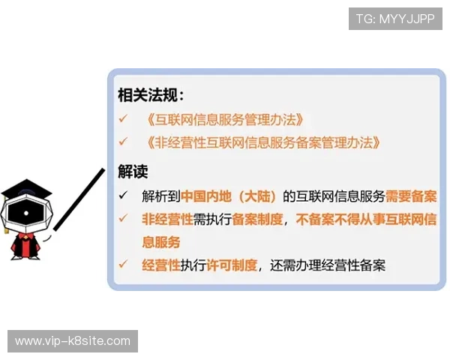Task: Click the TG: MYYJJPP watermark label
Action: pyautogui.click(x=395, y=19)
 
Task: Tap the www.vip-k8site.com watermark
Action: pyautogui.click(x=73, y=341)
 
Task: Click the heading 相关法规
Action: pyautogui.click(x=150, y=95)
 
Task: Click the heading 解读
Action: pyautogui.click(x=133, y=171)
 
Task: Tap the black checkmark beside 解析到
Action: pyautogui.click(x=123, y=196)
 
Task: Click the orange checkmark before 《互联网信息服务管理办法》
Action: pyautogui.click(x=123, y=119)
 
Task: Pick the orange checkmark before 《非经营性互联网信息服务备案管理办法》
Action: pyautogui.click(x=123, y=142)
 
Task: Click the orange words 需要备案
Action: pyautogui.click(x=411, y=196)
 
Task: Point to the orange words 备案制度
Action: pyautogui.click(x=257, y=219)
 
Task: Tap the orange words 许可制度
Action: pyautogui.click(x=232, y=265)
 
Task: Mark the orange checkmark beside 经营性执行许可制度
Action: pyautogui.click(x=123, y=265)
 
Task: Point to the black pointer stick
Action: pyautogui.click(x=78, y=199)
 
